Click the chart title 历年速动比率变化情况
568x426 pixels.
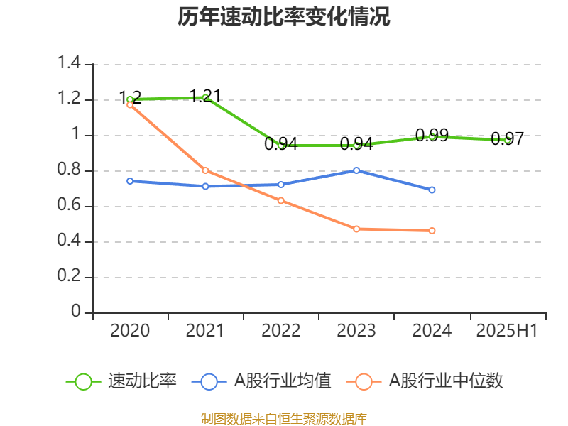click(284, 17)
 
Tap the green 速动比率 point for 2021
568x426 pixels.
click(205, 97)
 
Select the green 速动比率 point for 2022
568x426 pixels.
click(281, 145)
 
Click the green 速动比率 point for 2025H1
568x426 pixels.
click(508, 140)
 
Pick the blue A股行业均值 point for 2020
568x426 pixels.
click(130, 181)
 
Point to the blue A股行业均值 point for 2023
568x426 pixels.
click(356, 170)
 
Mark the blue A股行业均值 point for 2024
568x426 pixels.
click(432, 190)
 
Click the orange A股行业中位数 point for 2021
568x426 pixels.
click(205, 170)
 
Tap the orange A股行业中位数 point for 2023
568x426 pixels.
click(356, 229)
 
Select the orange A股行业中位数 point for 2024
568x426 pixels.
click(432, 230)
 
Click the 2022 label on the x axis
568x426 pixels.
click(281, 331)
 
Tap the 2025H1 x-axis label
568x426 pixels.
click(508, 331)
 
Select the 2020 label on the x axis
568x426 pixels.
click(130, 331)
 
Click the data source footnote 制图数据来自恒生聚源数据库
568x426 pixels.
click(284, 418)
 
